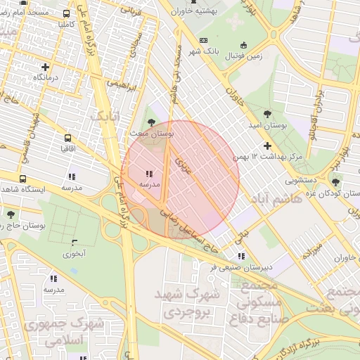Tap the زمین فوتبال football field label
click(243, 56)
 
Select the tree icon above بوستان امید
click(267, 113)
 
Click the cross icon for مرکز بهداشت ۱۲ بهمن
click(267, 146)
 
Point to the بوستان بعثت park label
click(152, 133)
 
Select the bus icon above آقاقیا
click(67, 138)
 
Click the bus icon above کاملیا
click(67, 13)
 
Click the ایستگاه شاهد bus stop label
click(23, 190)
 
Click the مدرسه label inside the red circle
click(149, 184)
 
